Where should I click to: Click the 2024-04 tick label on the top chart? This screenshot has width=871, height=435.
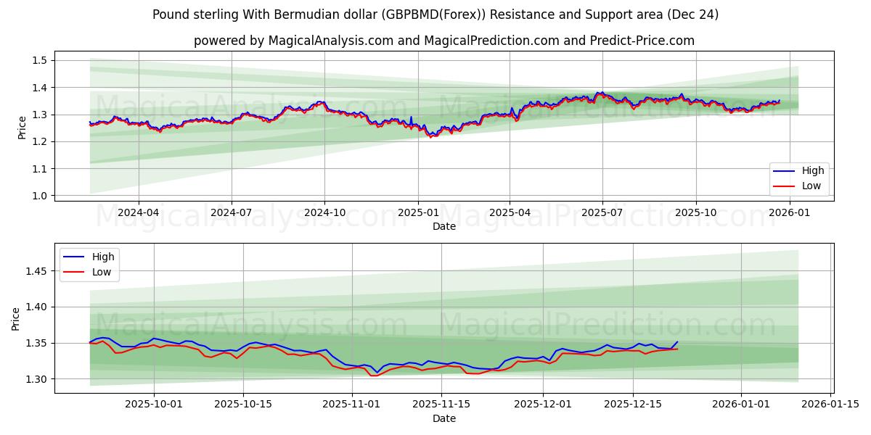click(138, 213)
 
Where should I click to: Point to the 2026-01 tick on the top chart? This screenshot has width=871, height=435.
click(789, 213)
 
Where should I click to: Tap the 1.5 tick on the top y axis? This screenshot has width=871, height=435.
click(40, 60)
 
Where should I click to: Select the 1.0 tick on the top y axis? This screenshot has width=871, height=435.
click(40, 196)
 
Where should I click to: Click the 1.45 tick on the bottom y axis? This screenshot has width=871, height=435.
click(36, 271)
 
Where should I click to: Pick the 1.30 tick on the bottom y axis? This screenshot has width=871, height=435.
click(36, 379)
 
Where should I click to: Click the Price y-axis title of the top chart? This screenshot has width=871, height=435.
click(22, 128)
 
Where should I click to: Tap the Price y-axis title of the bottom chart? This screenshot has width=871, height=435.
click(16, 318)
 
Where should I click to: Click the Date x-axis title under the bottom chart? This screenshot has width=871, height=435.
click(443, 418)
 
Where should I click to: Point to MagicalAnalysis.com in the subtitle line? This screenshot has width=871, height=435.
click(329, 41)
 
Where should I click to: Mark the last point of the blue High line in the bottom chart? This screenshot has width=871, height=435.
click(677, 341)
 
